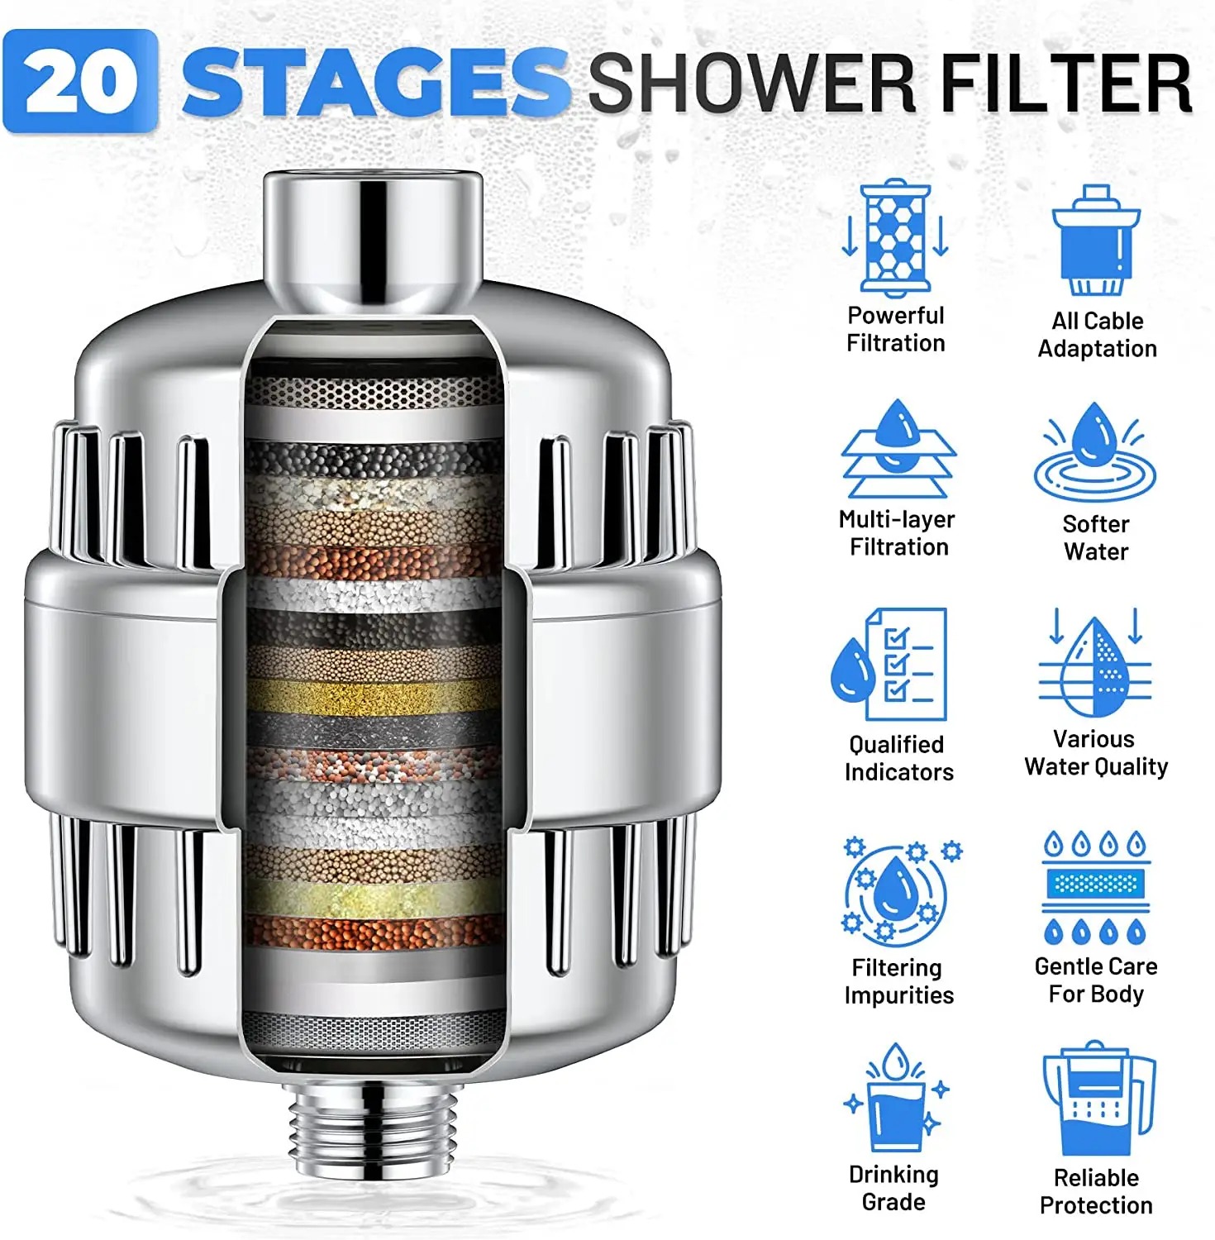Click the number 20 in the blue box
pos(79,81)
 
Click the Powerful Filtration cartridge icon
pos(895,239)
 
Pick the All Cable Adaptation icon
pos(1096,241)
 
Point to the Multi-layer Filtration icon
pos(898,449)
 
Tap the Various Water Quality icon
pos(1095,662)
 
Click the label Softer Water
pos(1096,537)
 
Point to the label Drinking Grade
pos(893,1188)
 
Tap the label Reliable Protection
pos(1096,1191)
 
